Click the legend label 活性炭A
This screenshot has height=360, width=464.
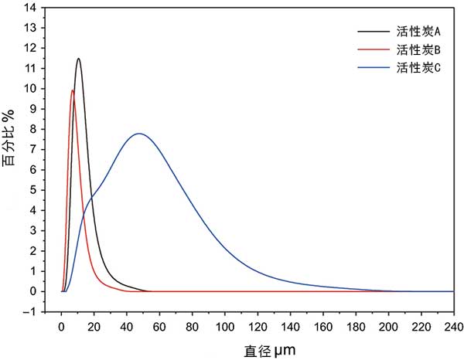[418, 32]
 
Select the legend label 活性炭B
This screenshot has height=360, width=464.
[418, 50]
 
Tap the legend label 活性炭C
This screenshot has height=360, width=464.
[418, 68]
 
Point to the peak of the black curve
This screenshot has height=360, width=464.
[78, 59]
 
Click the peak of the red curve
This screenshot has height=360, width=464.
[73, 90]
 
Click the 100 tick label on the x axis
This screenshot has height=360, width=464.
[225, 326]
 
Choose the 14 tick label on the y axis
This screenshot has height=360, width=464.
[32, 8]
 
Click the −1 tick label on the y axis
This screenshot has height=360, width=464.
[30, 312]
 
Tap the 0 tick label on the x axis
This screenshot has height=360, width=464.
[62, 326]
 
